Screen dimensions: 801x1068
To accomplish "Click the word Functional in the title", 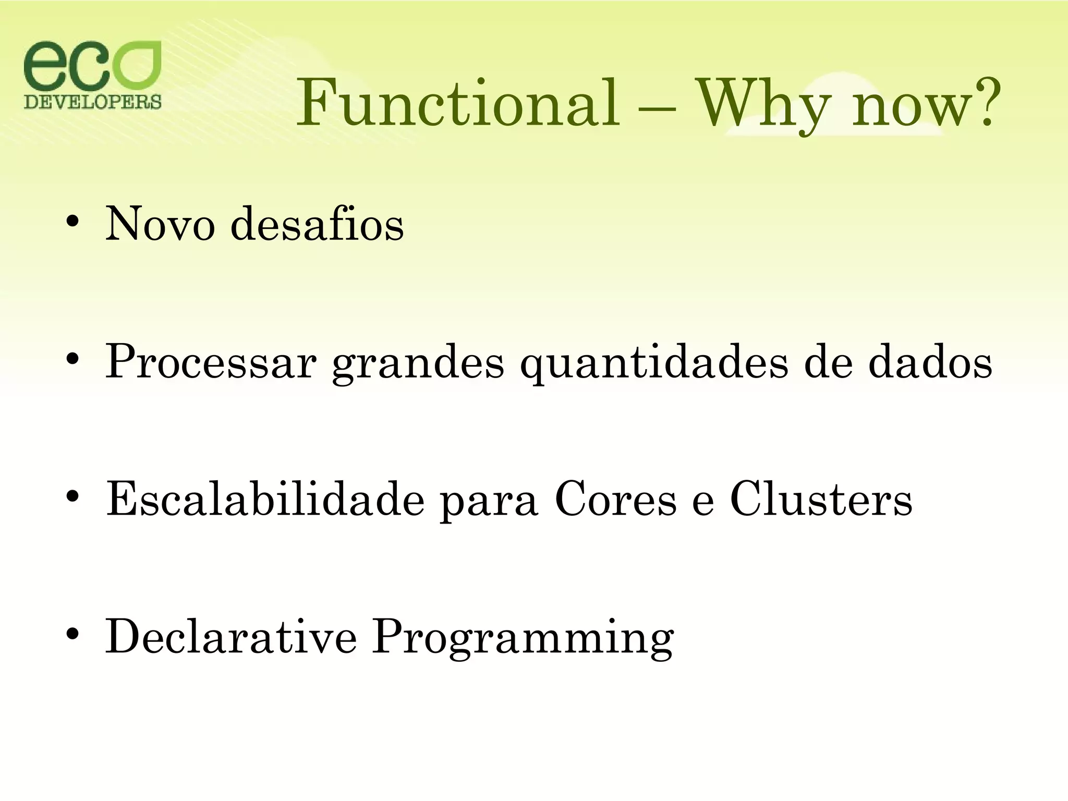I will click(458, 103).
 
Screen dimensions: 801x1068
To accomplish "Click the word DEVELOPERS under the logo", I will click(93, 102).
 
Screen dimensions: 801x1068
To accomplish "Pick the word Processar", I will click(211, 362).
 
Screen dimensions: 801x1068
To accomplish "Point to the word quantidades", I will click(654, 363).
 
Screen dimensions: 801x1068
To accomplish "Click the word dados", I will click(930, 362).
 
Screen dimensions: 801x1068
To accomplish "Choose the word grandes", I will click(418, 363).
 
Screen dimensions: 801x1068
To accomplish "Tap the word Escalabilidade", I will click(265, 499).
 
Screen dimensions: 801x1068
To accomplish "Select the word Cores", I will click(615, 499).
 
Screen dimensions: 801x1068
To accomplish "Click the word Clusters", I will click(821, 499).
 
